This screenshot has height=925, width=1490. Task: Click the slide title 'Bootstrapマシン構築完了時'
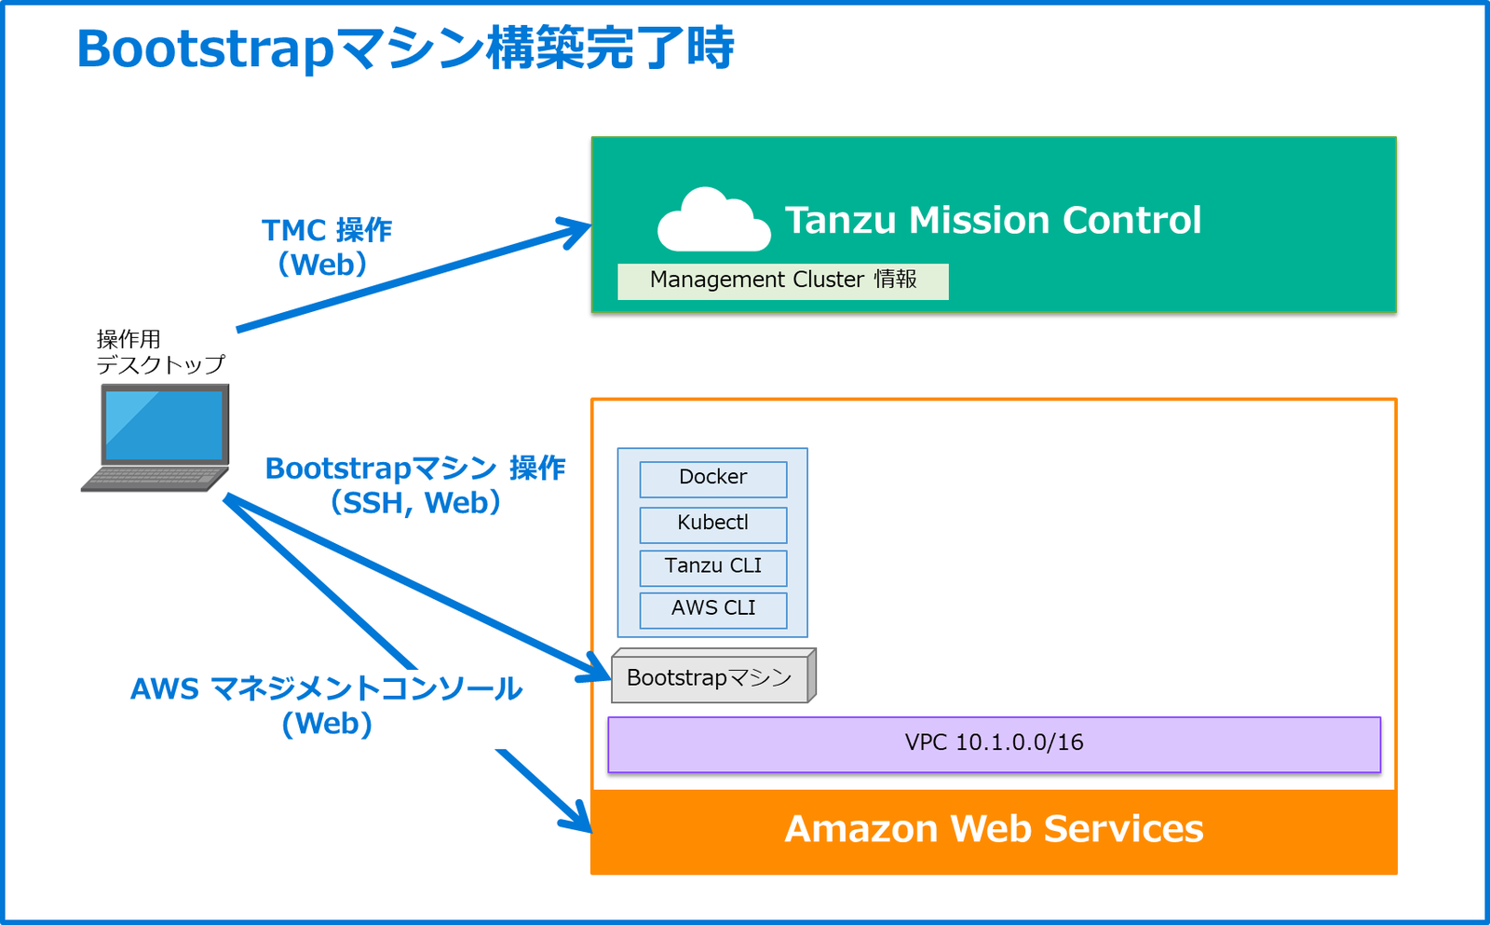click(405, 48)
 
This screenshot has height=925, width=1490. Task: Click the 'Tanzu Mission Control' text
click(993, 221)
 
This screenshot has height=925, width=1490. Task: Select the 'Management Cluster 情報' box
click(782, 280)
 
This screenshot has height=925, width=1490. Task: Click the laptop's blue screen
click(164, 425)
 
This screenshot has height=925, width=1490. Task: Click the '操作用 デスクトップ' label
click(160, 352)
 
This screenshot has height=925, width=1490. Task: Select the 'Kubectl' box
click(712, 524)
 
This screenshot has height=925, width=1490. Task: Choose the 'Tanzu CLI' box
click(712, 566)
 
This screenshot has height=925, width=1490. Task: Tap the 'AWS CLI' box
click(712, 609)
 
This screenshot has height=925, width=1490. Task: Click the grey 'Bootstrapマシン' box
click(710, 678)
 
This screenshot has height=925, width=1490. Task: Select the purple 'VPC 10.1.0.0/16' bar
click(994, 743)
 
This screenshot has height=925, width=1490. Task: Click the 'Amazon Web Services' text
click(994, 829)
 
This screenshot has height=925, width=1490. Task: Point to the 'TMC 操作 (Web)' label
click(326, 248)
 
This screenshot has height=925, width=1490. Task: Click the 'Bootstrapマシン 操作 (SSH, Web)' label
click(415, 485)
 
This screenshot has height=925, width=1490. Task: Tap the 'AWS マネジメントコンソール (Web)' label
click(326, 706)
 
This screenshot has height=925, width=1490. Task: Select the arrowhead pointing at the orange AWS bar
click(579, 820)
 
